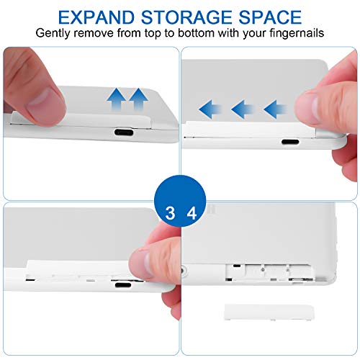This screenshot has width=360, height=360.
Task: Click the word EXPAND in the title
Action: click(x=96, y=17)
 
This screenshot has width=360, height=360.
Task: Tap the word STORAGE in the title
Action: click(x=186, y=17)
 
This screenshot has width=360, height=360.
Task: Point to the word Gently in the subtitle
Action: click(x=53, y=33)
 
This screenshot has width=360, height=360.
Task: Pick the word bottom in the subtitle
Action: click(x=196, y=32)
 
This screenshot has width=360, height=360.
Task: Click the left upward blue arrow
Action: click(x=116, y=99)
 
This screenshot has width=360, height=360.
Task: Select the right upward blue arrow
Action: click(x=138, y=99)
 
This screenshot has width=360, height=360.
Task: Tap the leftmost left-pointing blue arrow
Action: click(x=210, y=109)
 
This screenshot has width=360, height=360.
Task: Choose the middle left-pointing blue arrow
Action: click(x=243, y=109)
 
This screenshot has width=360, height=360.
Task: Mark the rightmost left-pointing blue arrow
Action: click(x=275, y=109)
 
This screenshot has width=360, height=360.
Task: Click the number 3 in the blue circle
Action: click(x=170, y=213)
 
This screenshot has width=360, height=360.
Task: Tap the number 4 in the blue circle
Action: click(x=192, y=213)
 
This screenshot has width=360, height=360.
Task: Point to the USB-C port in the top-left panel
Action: click(x=124, y=132)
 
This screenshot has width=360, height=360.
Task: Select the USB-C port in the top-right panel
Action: click(x=290, y=142)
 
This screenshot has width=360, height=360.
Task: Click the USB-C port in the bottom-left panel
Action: click(x=123, y=285)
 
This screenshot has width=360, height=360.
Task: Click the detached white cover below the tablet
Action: click(x=269, y=312)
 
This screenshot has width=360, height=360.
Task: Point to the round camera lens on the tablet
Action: click(x=184, y=271)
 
